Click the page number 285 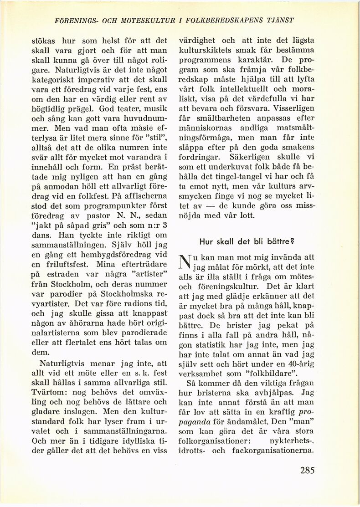pyautogui.click(x=307, y=470)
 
